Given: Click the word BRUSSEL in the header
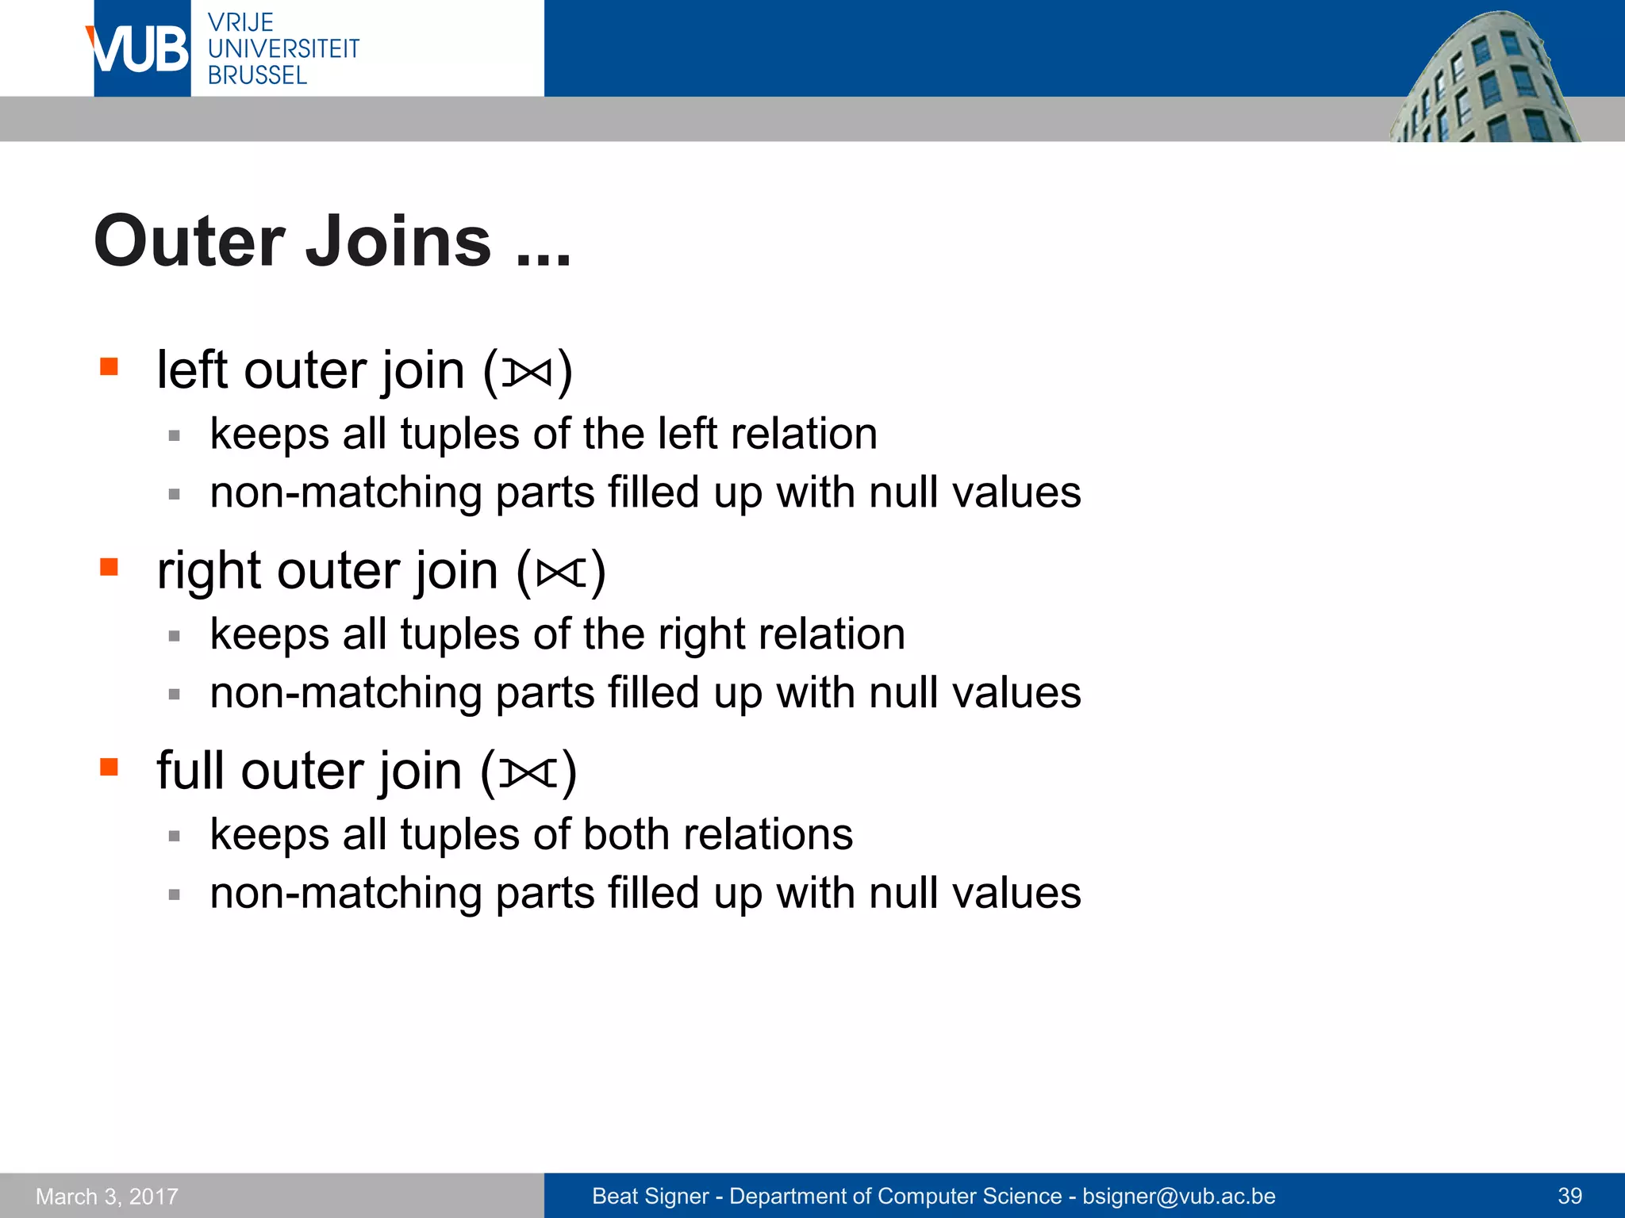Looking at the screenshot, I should point(257,75).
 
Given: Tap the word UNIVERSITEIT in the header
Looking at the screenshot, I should point(283,49).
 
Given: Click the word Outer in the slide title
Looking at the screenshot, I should point(189,242).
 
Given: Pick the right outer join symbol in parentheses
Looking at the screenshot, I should point(561,572).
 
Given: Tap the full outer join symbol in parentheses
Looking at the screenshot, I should point(528,772).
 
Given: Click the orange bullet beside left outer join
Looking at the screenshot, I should point(109,366).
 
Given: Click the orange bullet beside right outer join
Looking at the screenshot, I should point(109,567).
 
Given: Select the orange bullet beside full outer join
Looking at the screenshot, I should point(109,767).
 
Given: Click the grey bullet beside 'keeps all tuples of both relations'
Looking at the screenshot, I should point(175,836).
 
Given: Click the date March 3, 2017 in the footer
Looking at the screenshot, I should point(107,1196).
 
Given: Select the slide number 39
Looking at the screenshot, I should point(1569,1196).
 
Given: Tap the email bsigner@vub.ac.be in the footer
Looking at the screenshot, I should point(1178,1196).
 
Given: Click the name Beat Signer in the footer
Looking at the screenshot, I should point(650,1196).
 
